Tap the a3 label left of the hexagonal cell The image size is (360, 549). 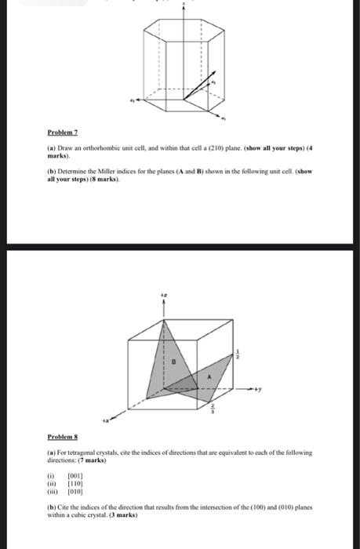tap(133, 101)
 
